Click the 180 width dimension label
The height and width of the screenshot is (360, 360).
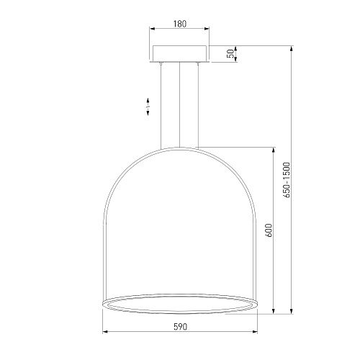point(180,24)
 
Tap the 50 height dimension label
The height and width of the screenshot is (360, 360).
point(230,53)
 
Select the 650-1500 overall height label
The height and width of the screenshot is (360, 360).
point(287,180)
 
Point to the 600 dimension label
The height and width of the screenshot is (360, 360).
point(269,230)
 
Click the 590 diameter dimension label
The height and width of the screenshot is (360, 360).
point(180,327)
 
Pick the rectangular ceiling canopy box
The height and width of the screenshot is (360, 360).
point(180,53)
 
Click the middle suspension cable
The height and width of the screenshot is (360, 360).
point(179,104)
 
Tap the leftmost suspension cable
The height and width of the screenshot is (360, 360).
point(161,106)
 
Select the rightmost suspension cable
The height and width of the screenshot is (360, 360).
point(198,105)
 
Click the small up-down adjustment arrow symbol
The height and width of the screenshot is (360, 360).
point(148,107)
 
